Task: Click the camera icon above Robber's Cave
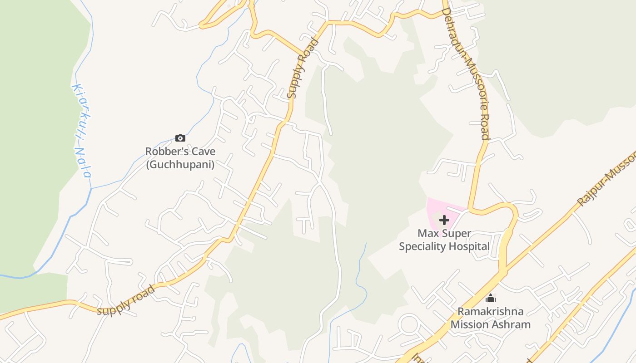tap(180, 138)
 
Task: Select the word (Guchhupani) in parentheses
tap(180, 164)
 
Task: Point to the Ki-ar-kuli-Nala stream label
tap(82, 131)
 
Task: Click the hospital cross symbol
tap(444, 220)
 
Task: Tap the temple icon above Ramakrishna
tap(491, 299)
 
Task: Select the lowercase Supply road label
tap(126, 301)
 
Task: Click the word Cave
tap(205, 152)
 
